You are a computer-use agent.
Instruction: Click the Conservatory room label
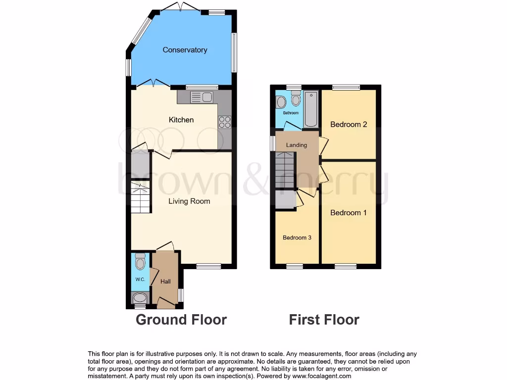[x=185, y=50]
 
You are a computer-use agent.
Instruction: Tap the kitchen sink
[x=202, y=97]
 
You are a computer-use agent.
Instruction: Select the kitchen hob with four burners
[x=224, y=122]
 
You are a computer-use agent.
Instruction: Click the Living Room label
[x=189, y=201]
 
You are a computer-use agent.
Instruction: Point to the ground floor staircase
[x=141, y=197]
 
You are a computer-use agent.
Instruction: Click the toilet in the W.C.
[x=140, y=262]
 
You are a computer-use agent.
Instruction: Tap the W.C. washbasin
[x=140, y=298]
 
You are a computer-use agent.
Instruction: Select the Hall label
[x=165, y=282]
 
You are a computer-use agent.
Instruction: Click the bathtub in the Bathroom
[x=310, y=109]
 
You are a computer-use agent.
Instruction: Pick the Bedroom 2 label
[x=349, y=124]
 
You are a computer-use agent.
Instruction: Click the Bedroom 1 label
[x=349, y=213]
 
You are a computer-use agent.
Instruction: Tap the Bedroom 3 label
[x=297, y=237]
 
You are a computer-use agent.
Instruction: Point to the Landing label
[x=297, y=145]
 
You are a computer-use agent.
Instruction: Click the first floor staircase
[x=285, y=170]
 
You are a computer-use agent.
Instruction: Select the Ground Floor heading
[x=181, y=320]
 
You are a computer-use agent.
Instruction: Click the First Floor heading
[x=324, y=320]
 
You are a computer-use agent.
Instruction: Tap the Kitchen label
[x=181, y=120]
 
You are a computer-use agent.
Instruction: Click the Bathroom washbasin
[x=281, y=102]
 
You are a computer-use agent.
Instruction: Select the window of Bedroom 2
[x=346, y=87]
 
